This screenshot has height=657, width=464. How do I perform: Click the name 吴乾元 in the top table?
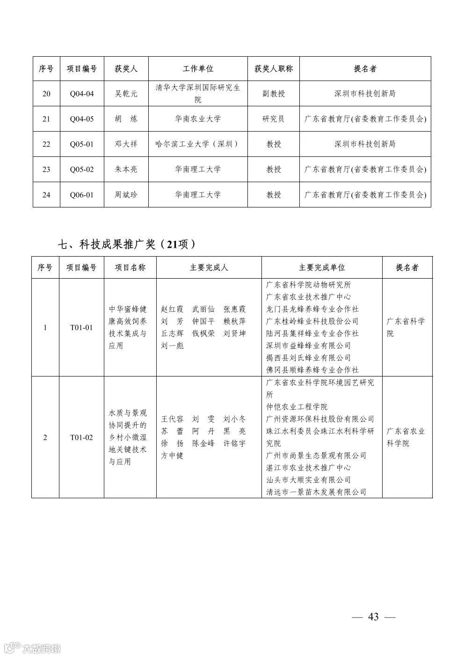126,94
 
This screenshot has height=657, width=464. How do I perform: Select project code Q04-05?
82,119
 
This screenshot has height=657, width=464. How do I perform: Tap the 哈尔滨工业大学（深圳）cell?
197,144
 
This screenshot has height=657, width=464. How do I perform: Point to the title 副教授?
274,94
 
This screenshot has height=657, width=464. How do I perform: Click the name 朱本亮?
126,170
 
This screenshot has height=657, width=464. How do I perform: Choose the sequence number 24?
46,195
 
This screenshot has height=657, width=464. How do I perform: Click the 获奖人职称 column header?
274,69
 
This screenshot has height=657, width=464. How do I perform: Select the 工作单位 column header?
197,69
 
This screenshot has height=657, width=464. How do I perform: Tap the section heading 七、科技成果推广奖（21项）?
126,244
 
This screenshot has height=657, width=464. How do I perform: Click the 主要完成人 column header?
209,268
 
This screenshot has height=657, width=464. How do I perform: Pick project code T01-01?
81,328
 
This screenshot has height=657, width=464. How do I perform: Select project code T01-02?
81,438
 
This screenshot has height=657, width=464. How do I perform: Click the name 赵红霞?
171,310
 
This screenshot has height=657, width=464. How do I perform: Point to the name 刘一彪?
173,346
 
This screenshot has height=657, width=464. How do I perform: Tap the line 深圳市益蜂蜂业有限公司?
308,346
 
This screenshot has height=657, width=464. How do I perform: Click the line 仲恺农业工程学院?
297,407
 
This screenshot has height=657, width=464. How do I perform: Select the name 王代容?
173,419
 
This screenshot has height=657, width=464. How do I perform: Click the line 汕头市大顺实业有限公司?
308,480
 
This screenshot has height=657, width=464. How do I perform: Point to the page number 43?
373,617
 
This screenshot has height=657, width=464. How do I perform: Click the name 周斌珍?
126,195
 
